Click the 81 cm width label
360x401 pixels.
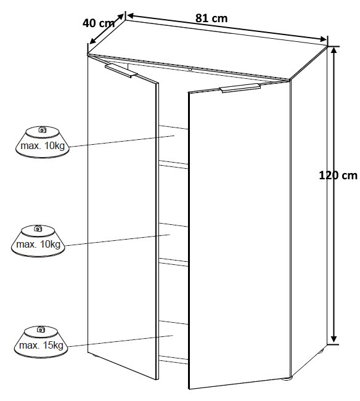(211, 18)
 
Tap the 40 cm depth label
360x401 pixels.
(99, 23)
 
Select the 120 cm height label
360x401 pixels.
(338, 176)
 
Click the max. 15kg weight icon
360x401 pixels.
(41, 342)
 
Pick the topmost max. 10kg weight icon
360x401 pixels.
(42, 142)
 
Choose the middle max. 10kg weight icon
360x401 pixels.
(38, 241)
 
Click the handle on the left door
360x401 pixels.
(121, 71)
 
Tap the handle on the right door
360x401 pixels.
(240, 88)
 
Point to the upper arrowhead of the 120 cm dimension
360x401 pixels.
(333, 51)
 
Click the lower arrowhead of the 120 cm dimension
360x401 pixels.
(333, 339)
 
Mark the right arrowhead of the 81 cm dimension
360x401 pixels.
(323, 39)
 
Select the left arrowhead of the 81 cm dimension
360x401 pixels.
(131, 15)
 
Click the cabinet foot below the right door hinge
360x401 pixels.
(287, 379)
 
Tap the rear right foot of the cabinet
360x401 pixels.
(321, 350)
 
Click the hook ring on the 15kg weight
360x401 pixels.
(41, 329)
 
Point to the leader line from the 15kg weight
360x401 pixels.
(121, 341)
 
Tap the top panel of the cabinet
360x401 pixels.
(207, 49)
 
